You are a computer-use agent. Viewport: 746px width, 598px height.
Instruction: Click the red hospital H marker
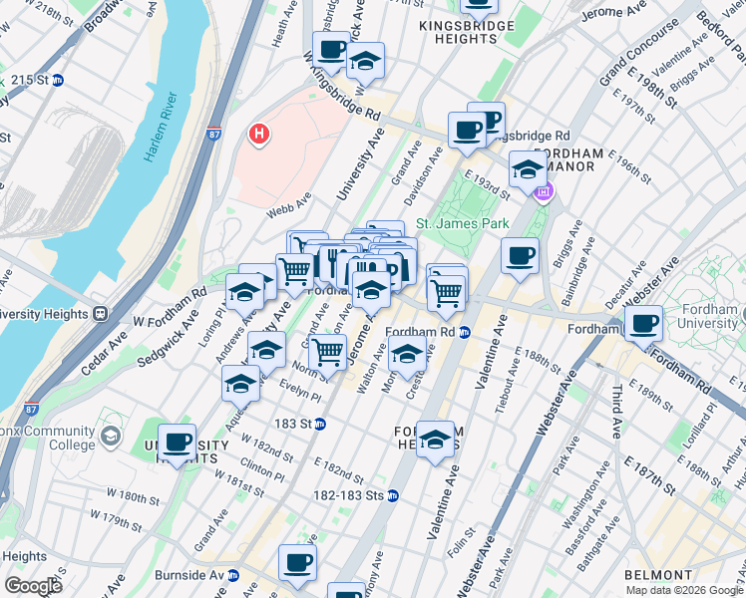point(259,134)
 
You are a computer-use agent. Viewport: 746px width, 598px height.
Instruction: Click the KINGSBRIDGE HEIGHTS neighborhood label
point(458,31)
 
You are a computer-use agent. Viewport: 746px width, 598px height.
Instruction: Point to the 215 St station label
point(36,80)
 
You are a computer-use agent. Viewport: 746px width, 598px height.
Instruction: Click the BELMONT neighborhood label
point(657,575)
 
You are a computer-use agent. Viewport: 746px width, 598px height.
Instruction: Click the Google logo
point(33,586)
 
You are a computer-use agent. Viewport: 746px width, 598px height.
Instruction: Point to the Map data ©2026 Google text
point(683,590)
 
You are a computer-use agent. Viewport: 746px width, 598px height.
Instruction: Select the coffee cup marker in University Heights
point(178,443)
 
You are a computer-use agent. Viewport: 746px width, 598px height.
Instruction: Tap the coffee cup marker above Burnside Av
point(297,563)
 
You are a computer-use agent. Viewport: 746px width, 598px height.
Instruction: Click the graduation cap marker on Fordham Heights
point(434,440)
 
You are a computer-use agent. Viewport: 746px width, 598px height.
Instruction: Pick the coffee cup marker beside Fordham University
point(644,323)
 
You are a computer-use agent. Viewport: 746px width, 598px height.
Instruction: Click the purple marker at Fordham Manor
point(544,192)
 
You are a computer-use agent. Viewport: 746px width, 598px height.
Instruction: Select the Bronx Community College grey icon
point(111,437)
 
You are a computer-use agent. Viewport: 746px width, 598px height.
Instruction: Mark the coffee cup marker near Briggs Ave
point(520,257)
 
